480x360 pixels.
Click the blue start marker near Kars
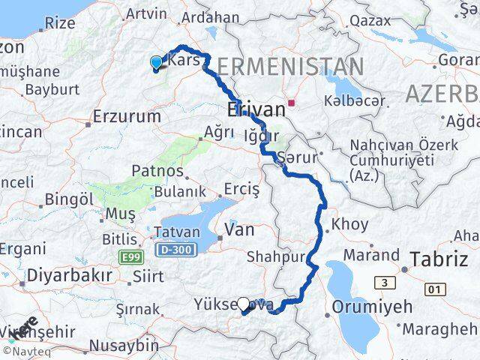(x=156, y=63)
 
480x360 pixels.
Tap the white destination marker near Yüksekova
(x=243, y=304)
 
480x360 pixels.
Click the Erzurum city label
(x=127, y=117)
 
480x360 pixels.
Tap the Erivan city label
(x=256, y=110)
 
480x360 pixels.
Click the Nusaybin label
(x=123, y=346)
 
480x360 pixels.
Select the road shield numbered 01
(x=432, y=289)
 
